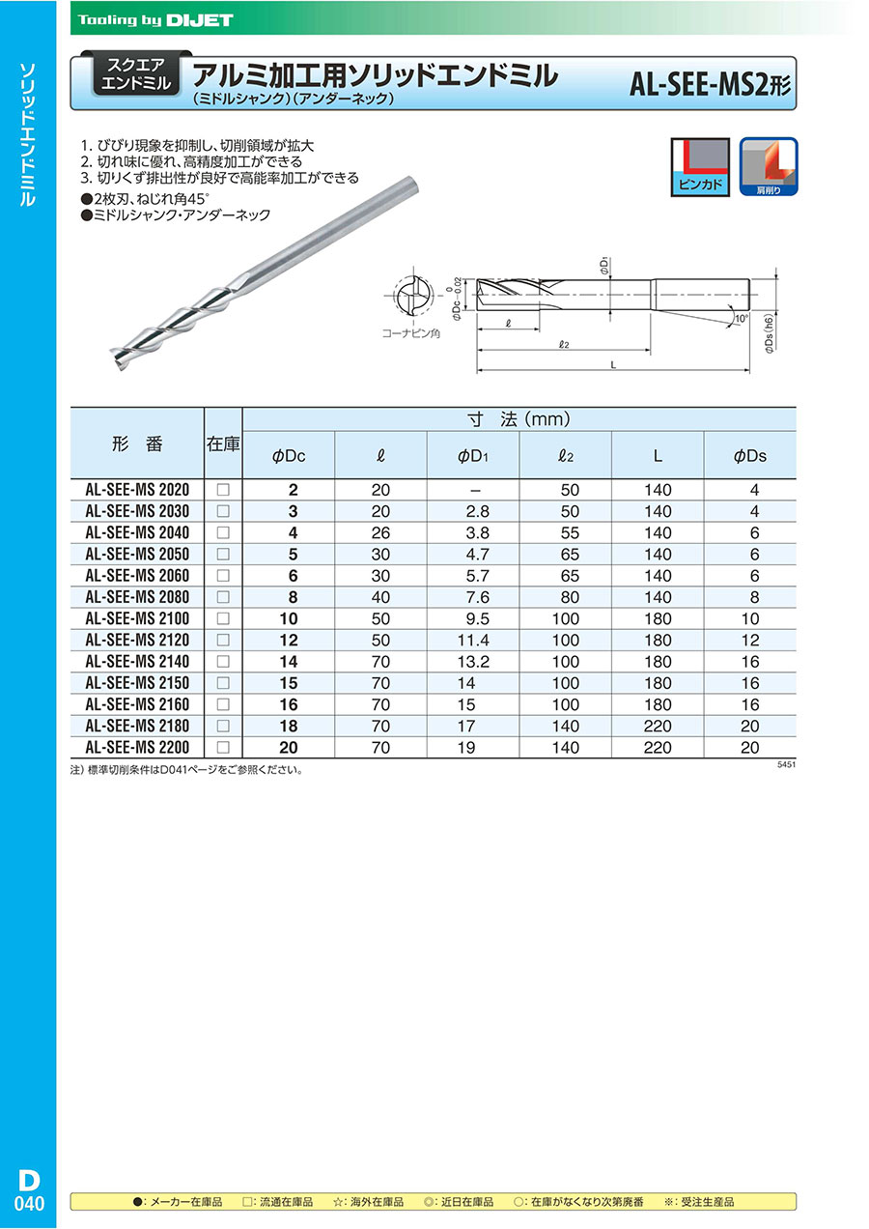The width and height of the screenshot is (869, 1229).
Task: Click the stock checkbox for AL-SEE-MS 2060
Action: click(x=223, y=576)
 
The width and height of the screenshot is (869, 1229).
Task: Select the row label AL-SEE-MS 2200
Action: click(x=137, y=748)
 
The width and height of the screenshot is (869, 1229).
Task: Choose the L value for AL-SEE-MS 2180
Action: click(x=658, y=726)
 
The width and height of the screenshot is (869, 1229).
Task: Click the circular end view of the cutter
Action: click(x=412, y=298)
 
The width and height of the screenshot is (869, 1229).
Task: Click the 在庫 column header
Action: click(x=223, y=444)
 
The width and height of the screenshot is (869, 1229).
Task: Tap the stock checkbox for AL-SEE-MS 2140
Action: click(x=223, y=662)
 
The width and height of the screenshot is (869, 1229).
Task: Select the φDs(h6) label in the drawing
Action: click(x=769, y=335)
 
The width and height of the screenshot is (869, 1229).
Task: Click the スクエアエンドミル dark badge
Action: click(x=135, y=75)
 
